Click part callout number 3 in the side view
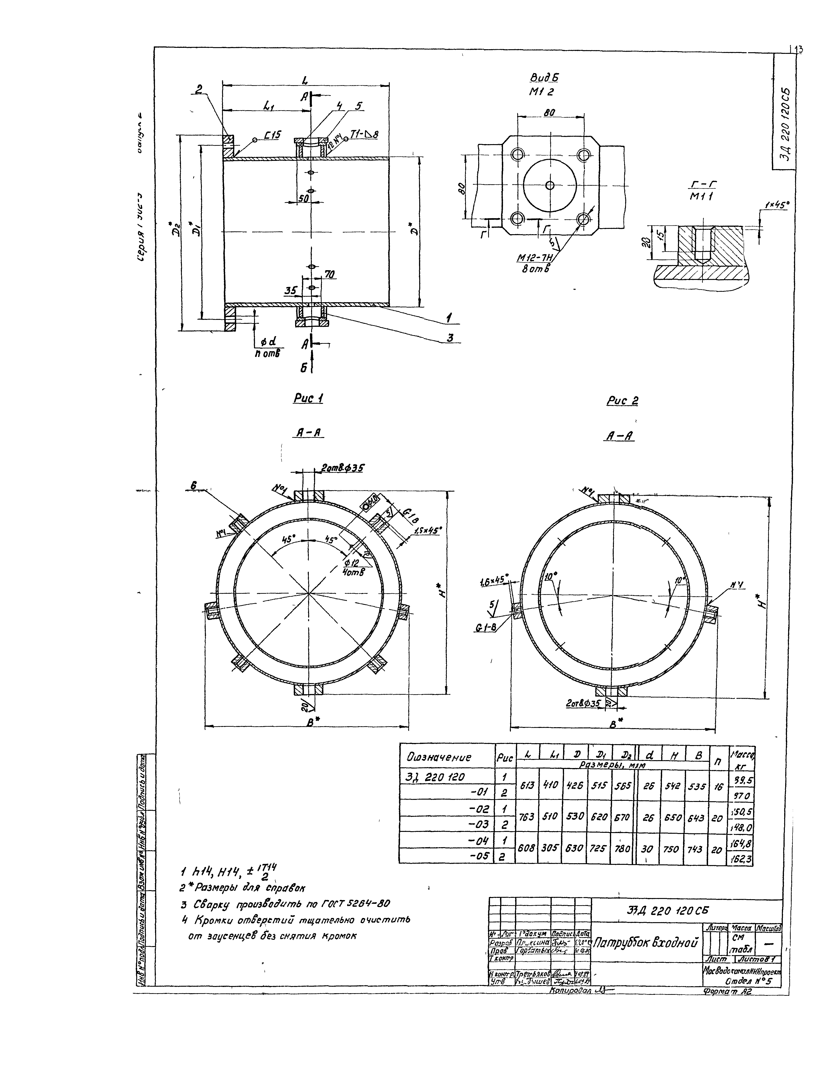[450, 338]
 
